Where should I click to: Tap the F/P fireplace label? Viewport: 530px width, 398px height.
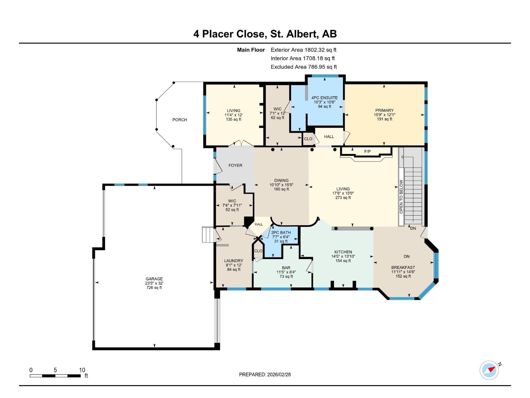[x=367, y=152]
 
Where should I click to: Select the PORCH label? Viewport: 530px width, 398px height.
[x=180, y=120]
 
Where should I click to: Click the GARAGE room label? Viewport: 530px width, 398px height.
[x=154, y=279]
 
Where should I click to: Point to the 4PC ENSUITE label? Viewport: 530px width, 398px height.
[x=324, y=98]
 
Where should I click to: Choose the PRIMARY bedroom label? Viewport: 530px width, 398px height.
[x=384, y=110]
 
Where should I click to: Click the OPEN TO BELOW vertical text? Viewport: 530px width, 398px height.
[x=401, y=197]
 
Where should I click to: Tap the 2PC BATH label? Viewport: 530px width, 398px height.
[x=281, y=233]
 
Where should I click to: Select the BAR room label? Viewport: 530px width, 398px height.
[x=286, y=268]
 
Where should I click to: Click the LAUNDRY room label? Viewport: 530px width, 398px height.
[x=234, y=261]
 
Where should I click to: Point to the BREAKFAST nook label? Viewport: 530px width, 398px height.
[x=403, y=267]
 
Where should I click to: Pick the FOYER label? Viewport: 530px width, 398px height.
[x=235, y=165]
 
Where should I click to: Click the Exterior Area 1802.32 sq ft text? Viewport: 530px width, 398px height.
[x=303, y=50]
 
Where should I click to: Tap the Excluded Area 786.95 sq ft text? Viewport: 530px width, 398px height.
[x=303, y=67]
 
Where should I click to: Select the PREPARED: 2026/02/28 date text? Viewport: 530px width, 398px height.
[x=265, y=374]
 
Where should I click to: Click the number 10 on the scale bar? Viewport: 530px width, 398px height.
[x=82, y=370]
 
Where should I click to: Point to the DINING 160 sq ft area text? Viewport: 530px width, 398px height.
[x=281, y=189]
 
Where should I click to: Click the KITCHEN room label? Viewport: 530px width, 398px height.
[x=343, y=252]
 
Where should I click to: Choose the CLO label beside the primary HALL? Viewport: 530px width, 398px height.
[x=308, y=139]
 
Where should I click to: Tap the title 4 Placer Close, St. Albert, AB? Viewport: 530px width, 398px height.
[x=265, y=34]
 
